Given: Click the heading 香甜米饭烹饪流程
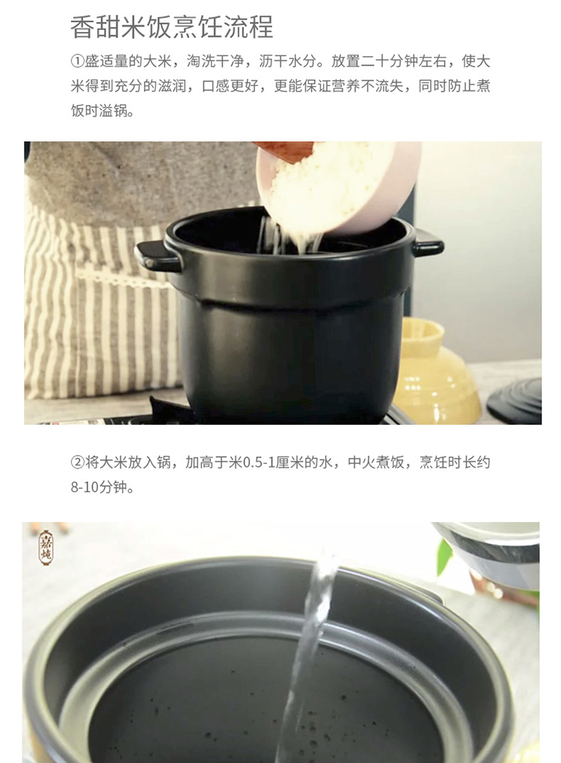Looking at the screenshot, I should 172,28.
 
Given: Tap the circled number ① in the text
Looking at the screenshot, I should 78,62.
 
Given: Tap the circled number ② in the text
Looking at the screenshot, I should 78,463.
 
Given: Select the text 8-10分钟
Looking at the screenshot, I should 102,488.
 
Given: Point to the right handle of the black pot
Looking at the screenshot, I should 428,242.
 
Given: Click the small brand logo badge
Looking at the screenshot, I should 46,548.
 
